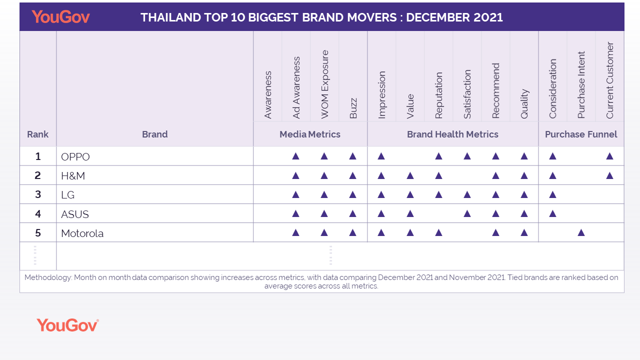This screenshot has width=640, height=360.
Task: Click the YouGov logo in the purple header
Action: [x=60, y=17]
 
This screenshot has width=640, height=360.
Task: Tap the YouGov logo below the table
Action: [x=67, y=325]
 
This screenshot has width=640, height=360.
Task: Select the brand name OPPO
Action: [x=75, y=157]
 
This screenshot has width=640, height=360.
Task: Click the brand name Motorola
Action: [x=82, y=233]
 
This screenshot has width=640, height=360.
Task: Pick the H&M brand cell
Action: [x=155, y=175]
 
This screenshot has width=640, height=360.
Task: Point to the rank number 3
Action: [x=38, y=194]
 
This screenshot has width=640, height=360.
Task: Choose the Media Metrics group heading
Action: [x=310, y=134]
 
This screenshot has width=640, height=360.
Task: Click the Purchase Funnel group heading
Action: [x=581, y=134]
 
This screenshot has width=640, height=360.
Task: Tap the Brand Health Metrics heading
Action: [x=452, y=134]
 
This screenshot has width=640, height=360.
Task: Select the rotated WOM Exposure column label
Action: [x=324, y=84]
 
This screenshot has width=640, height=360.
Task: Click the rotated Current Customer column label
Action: [x=609, y=80]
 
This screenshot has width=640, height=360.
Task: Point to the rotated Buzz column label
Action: [x=353, y=108]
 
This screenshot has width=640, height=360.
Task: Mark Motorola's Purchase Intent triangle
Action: [x=581, y=232]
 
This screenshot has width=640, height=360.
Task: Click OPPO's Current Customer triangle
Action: [x=609, y=156]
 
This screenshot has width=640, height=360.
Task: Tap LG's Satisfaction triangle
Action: [x=467, y=194]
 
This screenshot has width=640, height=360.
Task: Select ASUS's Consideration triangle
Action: [x=552, y=213]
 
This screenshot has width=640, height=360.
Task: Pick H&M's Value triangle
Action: [x=410, y=175]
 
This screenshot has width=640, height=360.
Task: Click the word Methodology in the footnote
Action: [x=48, y=277]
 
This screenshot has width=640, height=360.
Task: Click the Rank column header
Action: [x=37, y=134]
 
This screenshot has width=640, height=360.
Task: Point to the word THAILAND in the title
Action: [x=170, y=17]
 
